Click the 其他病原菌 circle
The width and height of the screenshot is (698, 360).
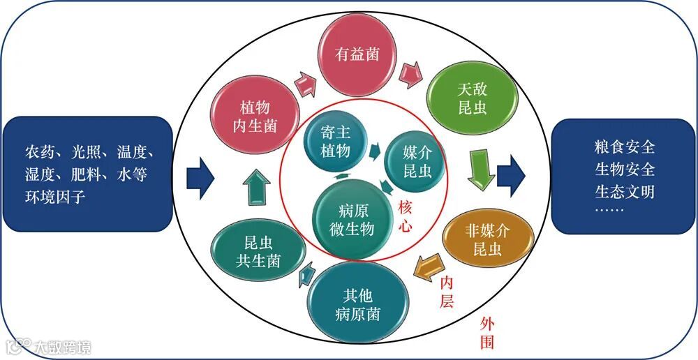(356, 304)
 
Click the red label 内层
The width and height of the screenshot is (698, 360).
(446, 291)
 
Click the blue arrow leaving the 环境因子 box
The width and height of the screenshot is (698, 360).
(202, 177)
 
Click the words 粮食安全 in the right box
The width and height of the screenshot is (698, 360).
(624, 148)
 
